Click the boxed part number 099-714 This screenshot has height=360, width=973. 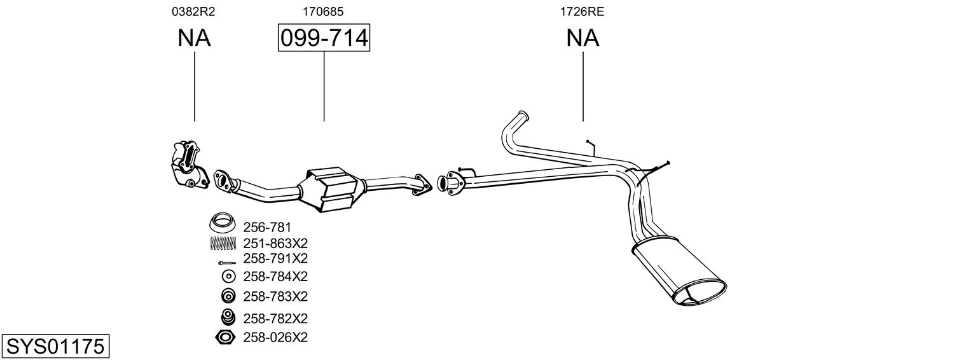(324, 38)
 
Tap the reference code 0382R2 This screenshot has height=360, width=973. (193, 11)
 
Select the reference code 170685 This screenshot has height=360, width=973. (323, 11)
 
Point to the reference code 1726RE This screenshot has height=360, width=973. (582, 11)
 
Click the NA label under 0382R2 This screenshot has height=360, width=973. (194, 38)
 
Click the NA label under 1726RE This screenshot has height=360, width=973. (583, 38)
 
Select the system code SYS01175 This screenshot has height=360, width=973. (55, 347)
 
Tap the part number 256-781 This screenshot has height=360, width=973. (266, 227)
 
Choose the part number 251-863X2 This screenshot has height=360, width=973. (275, 243)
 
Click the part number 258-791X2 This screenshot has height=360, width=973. (275, 258)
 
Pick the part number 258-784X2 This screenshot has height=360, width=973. (275, 276)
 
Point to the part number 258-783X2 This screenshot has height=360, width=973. (275, 296)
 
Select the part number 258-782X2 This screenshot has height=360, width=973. (275, 319)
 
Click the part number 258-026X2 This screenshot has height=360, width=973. (275, 337)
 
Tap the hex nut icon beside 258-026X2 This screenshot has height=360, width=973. (225, 337)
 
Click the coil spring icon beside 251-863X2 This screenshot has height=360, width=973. (223, 244)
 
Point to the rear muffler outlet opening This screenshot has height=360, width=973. (700, 293)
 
